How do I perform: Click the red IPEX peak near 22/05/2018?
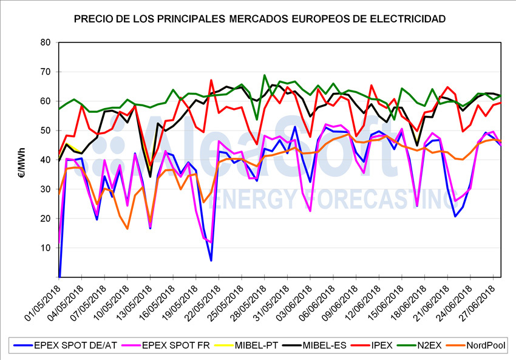pyautogui.click(x=211, y=80)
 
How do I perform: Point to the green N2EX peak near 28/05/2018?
pyautogui.click(x=265, y=75)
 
